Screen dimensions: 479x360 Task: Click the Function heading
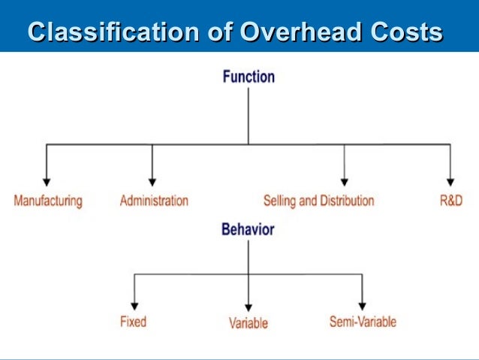coord(249,77)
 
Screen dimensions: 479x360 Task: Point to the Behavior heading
coord(248,230)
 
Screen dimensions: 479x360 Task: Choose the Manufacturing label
coord(48,201)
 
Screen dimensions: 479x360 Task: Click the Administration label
coord(154,201)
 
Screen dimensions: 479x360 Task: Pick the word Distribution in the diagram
coord(347,201)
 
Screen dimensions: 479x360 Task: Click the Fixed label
coord(133,322)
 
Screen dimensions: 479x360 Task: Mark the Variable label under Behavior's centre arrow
coord(249,324)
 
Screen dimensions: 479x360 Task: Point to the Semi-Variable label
coord(363,322)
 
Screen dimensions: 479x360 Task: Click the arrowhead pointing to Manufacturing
coord(47,181)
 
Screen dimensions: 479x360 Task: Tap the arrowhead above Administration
coord(152,181)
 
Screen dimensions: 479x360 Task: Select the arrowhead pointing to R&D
coord(450,181)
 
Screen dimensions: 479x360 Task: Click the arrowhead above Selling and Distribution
coord(344,181)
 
